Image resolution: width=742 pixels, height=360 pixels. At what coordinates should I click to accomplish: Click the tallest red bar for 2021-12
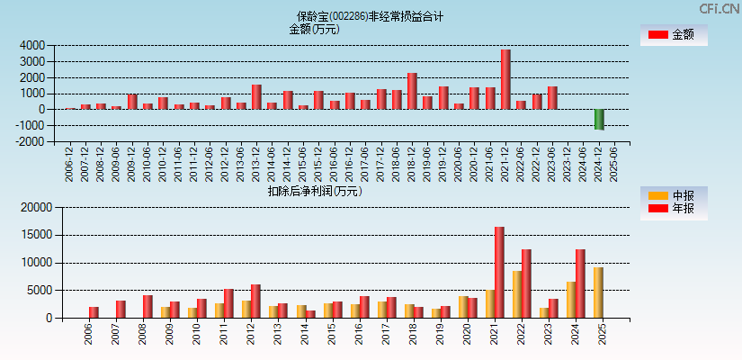(505, 79)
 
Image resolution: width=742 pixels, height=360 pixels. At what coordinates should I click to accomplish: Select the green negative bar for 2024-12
(599, 119)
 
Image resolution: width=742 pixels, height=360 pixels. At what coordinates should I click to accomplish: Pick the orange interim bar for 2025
(598, 292)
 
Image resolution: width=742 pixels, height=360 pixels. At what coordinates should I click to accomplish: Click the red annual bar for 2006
(94, 312)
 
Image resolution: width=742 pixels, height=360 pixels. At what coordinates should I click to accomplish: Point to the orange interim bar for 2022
(517, 294)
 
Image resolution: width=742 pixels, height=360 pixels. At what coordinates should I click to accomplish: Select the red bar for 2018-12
(412, 91)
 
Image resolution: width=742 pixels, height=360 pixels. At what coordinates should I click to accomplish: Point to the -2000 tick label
(30, 141)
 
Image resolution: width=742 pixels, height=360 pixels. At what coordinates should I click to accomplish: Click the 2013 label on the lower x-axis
(277, 333)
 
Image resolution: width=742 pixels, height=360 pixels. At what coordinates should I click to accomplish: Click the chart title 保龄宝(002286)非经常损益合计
(371, 16)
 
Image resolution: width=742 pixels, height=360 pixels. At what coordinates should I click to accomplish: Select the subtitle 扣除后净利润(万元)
(315, 191)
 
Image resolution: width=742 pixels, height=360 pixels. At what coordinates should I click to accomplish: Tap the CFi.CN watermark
(720, 8)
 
